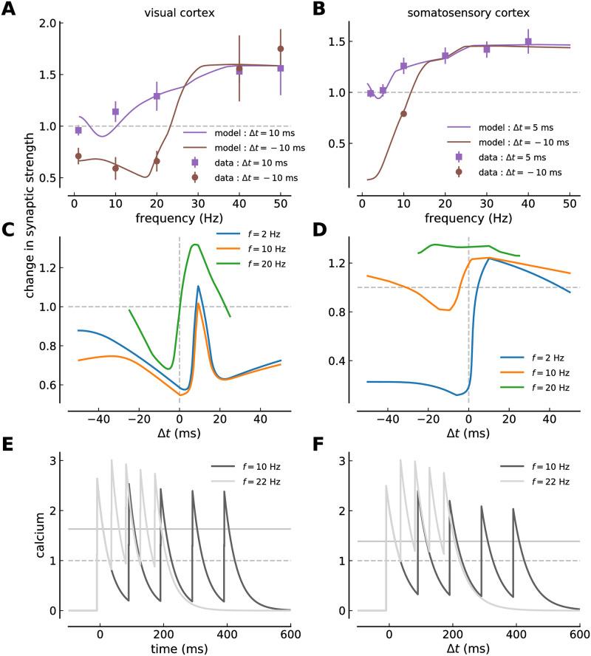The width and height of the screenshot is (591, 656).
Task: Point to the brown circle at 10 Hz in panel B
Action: [403, 114]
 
